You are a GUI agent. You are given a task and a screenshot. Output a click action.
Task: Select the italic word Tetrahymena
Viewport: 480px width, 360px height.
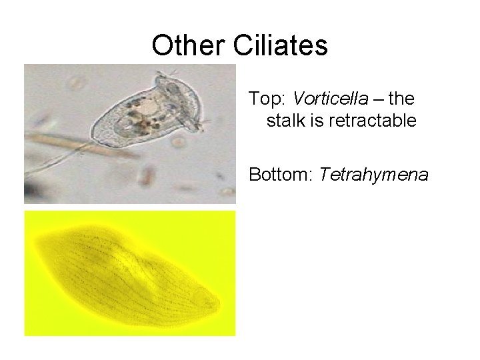pyautogui.click(x=374, y=175)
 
